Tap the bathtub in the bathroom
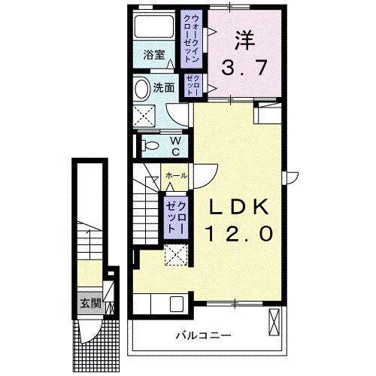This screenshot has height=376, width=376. [155, 29]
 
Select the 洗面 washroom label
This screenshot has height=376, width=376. [164, 87]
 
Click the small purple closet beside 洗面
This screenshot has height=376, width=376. [192, 84]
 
